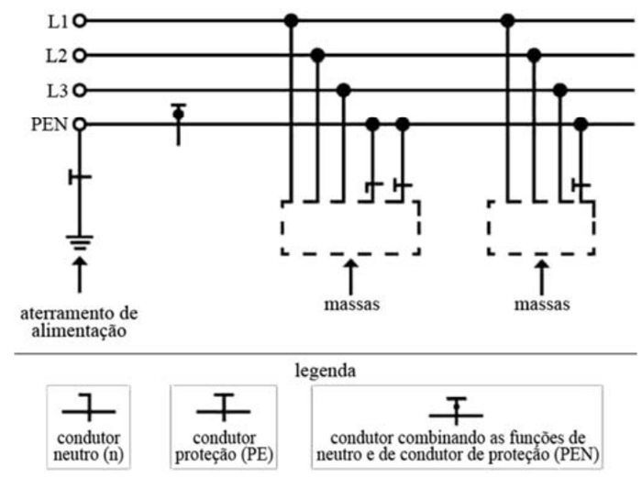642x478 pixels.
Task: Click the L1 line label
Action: click(x=57, y=19)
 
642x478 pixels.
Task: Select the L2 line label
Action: click(x=57, y=55)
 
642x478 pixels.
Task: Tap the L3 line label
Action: click(x=57, y=90)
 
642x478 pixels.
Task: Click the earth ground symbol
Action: click(x=79, y=242)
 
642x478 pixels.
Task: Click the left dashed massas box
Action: click(x=349, y=227)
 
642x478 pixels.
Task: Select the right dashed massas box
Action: click(x=540, y=227)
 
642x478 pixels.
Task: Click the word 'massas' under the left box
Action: click(x=349, y=303)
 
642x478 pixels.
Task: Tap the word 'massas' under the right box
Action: click(x=540, y=303)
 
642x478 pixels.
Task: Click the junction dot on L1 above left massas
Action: click(x=290, y=19)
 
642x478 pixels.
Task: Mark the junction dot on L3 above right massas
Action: click(x=559, y=90)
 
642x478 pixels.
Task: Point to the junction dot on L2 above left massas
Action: click(x=316, y=55)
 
